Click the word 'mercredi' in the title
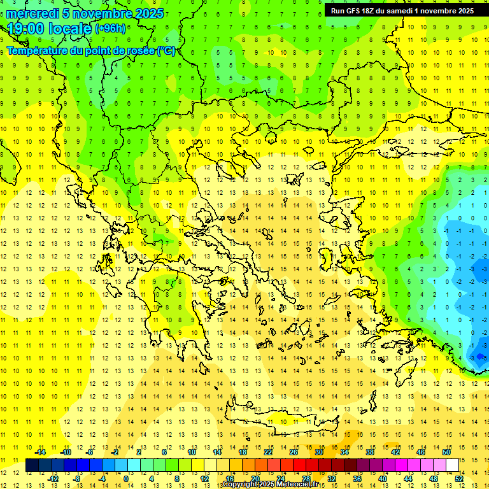tap(32, 13)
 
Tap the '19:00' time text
tap(25, 29)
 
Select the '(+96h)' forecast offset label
tap(110, 29)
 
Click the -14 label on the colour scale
tap(39, 452)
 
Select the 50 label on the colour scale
tap(446, 452)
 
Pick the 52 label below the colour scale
tap(459, 478)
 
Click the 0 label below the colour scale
tap(125, 478)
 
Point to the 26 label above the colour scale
tap(294, 452)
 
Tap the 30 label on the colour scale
tap(319, 452)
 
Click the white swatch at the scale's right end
tap(453, 465)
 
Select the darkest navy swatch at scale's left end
tap(32, 465)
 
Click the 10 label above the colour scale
tap(192, 452)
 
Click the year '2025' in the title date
tap(149, 13)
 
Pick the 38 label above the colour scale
tap(370, 452)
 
